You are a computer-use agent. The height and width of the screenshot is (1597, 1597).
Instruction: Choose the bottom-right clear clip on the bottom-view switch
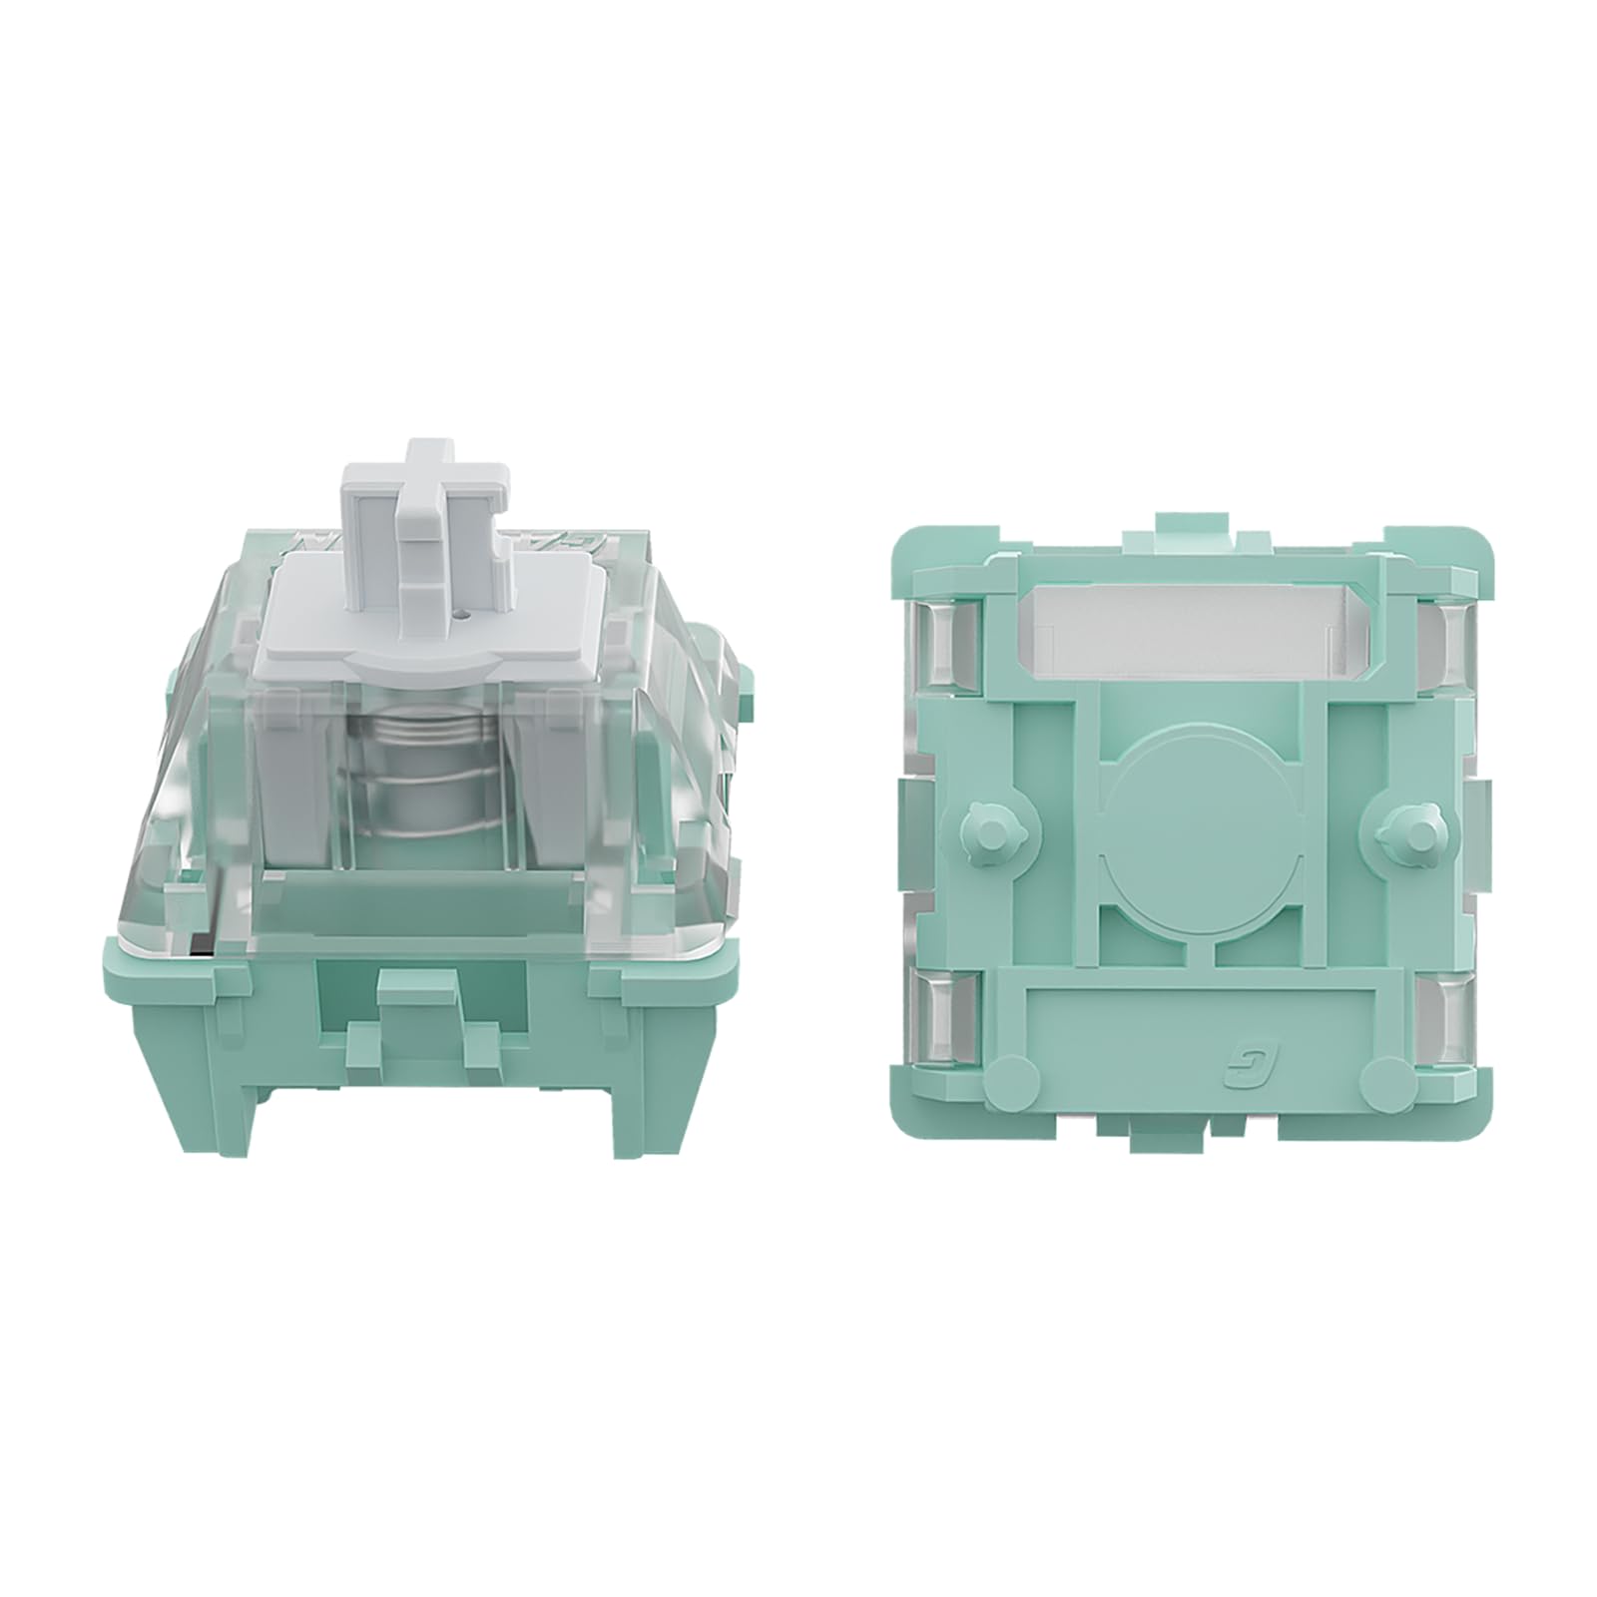1442,1028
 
